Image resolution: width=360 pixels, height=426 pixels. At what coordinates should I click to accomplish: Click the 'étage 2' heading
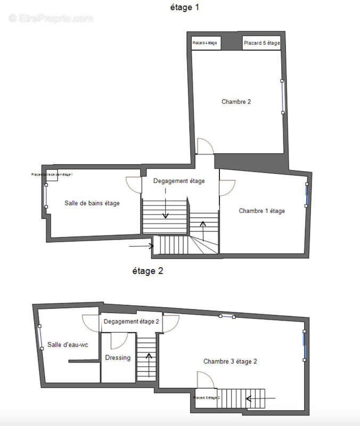point(148,271)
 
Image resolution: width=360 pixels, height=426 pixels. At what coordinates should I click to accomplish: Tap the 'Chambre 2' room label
point(236,102)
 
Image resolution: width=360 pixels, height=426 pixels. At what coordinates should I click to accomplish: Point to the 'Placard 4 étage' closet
point(206,43)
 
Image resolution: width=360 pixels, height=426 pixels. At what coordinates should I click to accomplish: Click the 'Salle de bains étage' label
point(92,203)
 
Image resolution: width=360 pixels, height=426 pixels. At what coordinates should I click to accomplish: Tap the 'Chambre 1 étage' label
point(261,211)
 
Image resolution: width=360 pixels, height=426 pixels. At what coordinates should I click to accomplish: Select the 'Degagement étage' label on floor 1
point(179,181)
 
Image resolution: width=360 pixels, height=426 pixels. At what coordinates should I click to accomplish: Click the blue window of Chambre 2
point(283,96)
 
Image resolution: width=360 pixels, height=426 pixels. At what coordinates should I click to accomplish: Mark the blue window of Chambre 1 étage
point(307,195)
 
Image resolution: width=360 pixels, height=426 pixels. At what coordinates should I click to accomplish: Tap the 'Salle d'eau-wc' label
point(68,345)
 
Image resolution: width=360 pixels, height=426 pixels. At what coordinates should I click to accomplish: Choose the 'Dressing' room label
point(118,358)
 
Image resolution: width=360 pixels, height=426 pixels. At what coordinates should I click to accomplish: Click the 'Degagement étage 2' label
point(132,322)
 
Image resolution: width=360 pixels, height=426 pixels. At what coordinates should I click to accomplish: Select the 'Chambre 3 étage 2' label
point(230,362)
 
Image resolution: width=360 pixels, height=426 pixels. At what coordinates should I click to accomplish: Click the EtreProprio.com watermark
point(51,18)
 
